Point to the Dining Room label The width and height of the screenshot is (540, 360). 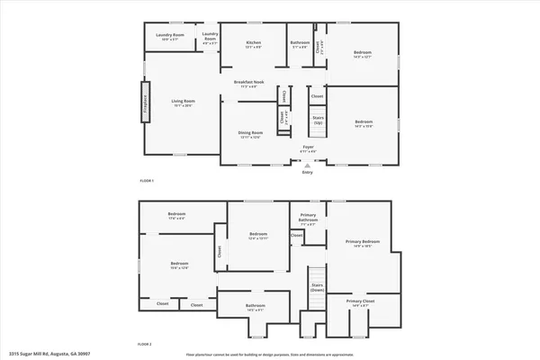tap(250, 135)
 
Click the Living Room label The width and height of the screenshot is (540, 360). tap(184, 103)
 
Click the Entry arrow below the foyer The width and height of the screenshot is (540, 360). tap(308, 166)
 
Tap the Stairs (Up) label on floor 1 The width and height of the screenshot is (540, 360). tap(317, 121)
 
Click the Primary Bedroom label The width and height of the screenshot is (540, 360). tap(364, 244)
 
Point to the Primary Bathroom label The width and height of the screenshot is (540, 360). tap(308, 219)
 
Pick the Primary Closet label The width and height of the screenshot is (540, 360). tap(360, 303)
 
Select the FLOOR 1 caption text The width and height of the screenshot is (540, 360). tap(147, 181)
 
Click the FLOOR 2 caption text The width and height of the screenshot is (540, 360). tap(145, 344)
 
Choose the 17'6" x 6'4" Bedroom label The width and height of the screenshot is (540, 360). tap(176, 216)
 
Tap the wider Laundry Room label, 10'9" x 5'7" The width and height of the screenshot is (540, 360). tap(165, 37)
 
